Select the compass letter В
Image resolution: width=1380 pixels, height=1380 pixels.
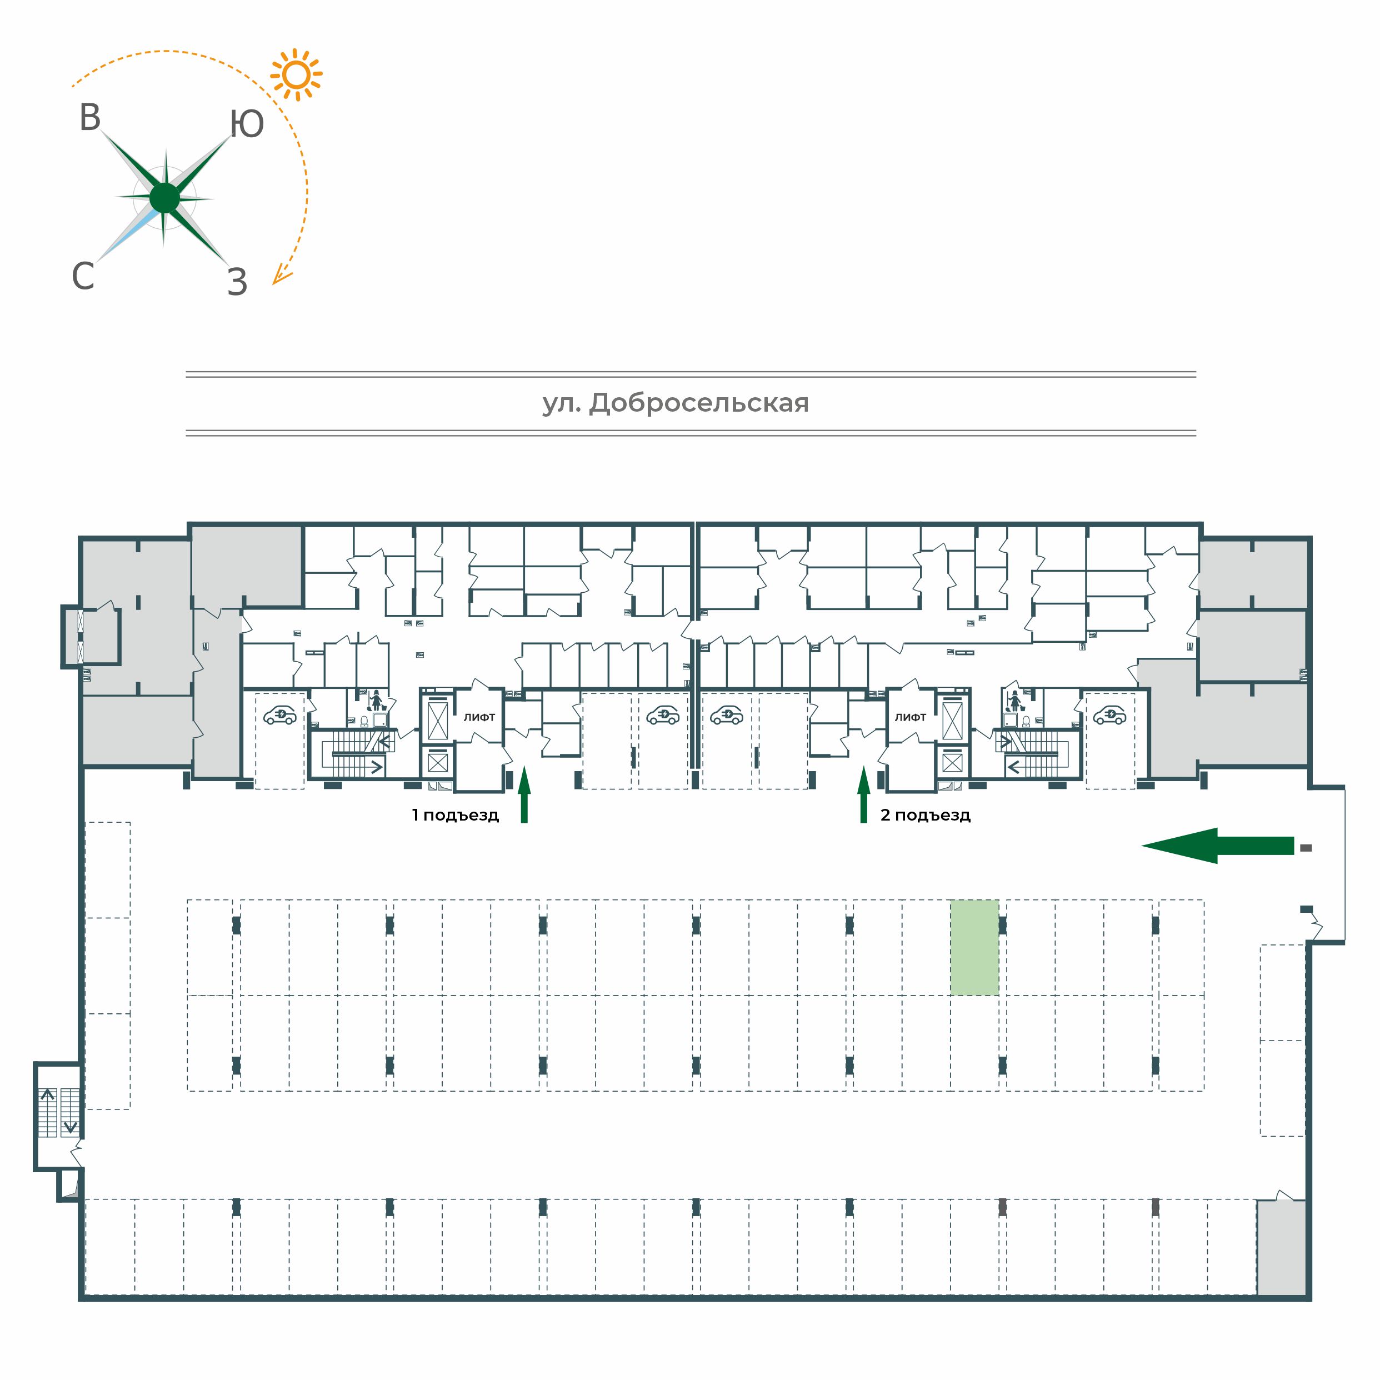(x=90, y=118)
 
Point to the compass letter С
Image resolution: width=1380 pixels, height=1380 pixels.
(x=83, y=276)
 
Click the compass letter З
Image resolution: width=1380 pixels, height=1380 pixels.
(x=237, y=282)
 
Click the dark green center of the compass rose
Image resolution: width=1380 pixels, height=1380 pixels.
(x=165, y=198)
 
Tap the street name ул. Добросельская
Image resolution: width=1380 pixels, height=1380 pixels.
(x=676, y=403)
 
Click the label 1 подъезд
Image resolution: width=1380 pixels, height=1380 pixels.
(x=455, y=815)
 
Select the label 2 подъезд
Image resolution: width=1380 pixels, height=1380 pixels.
(x=925, y=815)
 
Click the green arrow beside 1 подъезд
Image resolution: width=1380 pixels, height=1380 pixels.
(x=524, y=794)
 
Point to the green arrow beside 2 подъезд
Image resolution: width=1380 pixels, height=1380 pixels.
(x=863, y=794)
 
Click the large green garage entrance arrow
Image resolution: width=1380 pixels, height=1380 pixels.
(x=1217, y=846)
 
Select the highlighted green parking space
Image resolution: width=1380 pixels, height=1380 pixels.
(x=974, y=947)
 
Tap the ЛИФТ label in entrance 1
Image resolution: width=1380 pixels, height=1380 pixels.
(x=479, y=717)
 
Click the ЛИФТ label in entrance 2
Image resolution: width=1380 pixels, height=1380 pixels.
(x=910, y=717)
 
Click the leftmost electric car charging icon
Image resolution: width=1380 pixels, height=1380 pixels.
(x=280, y=715)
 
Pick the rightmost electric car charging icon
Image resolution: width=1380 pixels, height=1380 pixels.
(x=1110, y=715)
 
